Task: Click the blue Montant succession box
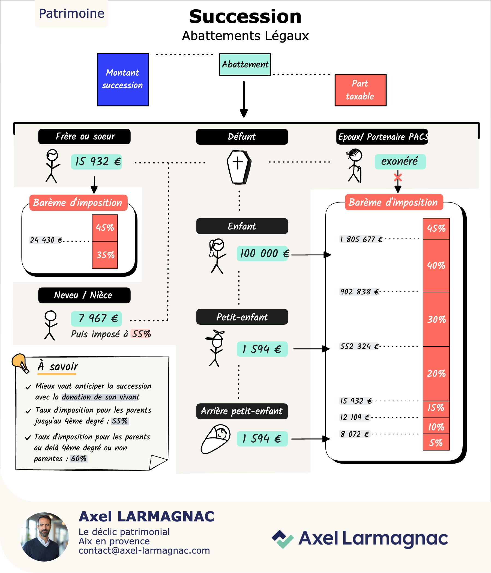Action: click(123, 80)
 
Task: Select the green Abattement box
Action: click(245, 64)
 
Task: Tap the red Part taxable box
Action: click(361, 90)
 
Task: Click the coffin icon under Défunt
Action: click(239, 167)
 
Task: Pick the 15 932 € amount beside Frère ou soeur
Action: click(97, 162)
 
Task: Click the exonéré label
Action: click(400, 162)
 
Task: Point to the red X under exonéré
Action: click(398, 177)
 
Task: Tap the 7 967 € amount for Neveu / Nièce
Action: click(97, 319)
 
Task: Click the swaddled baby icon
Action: click(215, 439)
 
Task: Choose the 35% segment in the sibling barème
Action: click(105, 255)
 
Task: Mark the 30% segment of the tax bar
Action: click(436, 320)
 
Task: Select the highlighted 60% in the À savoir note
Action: click(79, 458)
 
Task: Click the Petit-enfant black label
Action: click(242, 317)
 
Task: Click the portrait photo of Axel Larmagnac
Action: click(44, 537)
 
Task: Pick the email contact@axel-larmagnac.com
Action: click(144, 551)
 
